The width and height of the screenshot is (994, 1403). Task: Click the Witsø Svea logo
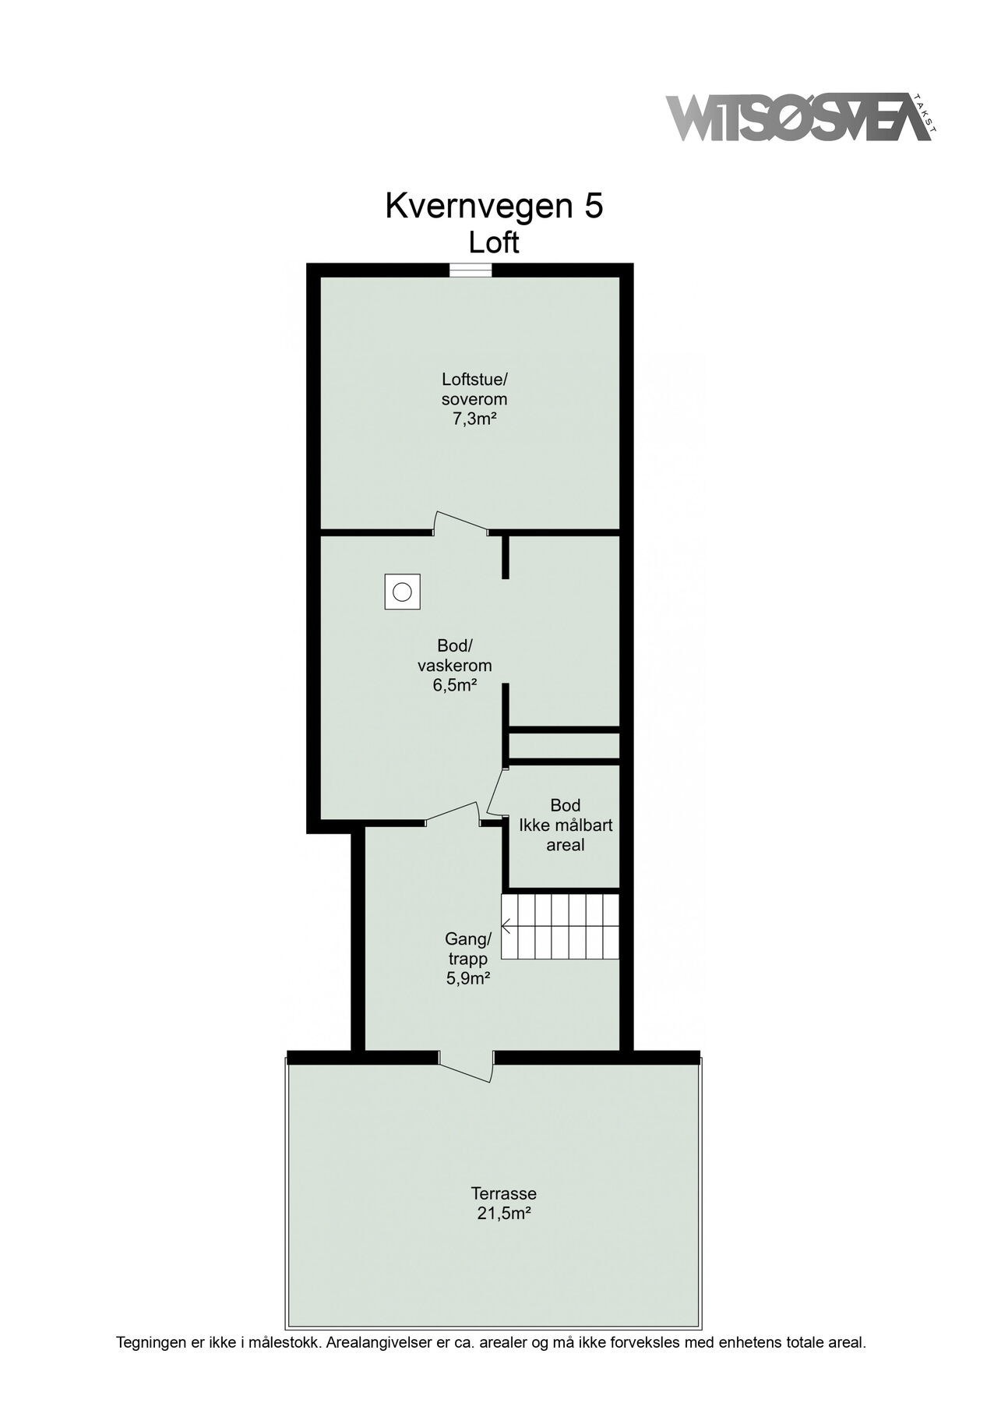coord(798,119)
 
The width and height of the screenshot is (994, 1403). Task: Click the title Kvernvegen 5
coord(494,207)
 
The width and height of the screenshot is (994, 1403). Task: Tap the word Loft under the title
coord(494,243)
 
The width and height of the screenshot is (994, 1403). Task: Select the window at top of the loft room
coord(471,270)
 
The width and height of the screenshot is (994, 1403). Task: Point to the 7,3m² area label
coord(474,419)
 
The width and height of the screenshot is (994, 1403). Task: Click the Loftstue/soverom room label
coord(474,390)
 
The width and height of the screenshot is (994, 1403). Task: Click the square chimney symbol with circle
coord(402,592)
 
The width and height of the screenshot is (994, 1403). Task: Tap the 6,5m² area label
coord(455,685)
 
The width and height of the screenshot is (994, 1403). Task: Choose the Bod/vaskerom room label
coord(455,656)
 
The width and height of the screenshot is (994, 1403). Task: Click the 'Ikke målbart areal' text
coord(566,834)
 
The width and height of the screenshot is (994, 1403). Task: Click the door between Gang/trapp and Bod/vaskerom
coord(453,814)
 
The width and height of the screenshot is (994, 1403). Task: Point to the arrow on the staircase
coord(507,927)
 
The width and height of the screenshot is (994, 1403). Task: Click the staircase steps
coord(561,927)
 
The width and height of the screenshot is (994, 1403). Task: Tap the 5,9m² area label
coord(467,978)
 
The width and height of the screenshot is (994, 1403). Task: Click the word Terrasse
coord(504,1193)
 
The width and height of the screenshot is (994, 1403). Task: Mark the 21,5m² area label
coord(504,1213)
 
